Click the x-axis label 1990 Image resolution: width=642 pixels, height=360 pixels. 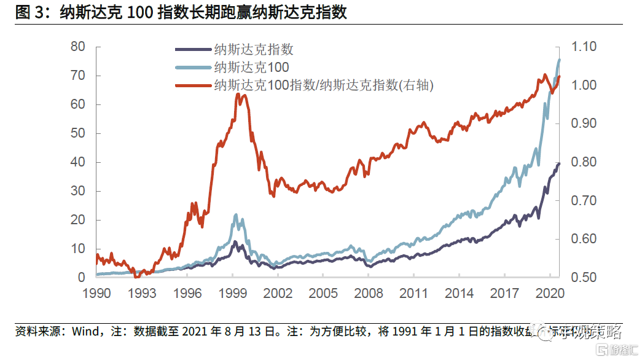(x=97, y=293)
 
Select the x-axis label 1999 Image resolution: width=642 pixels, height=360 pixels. (x=234, y=293)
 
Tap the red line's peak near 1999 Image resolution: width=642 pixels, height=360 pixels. (x=238, y=95)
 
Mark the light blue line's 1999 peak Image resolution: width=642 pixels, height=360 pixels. (x=235, y=215)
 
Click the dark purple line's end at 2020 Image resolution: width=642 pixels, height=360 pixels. (x=559, y=163)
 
